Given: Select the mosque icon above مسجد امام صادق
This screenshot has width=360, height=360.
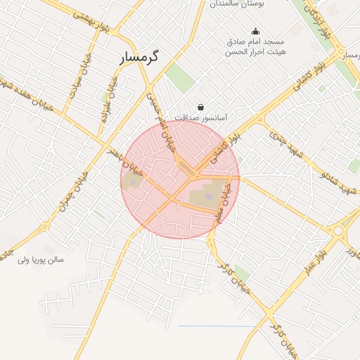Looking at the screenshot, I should (x=255, y=30).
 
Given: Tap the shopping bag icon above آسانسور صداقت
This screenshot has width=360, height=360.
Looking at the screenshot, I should (x=202, y=107).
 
